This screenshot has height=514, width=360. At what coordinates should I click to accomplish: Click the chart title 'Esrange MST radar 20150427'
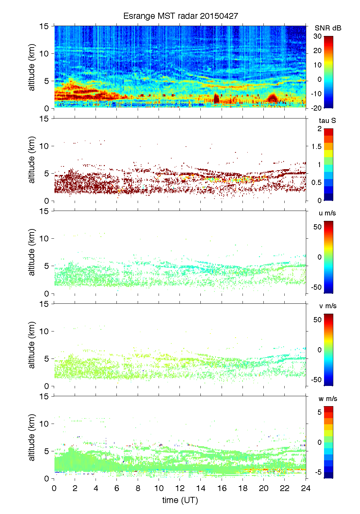(181, 16)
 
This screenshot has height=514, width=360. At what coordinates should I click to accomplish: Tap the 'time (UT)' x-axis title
(180, 500)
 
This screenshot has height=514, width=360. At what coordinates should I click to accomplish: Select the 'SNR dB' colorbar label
(328, 28)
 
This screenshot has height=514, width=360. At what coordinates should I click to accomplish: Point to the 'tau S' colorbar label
(327, 121)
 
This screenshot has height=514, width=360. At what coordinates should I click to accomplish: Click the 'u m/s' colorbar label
(327, 213)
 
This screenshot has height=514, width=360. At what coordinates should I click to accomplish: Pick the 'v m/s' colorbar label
(327, 306)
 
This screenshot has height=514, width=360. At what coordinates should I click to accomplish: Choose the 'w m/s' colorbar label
(327, 399)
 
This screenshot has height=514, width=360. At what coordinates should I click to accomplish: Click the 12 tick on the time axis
(180, 488)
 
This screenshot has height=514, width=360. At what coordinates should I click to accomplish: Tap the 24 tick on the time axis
(306, 488)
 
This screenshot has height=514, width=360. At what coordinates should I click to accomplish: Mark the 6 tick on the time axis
(117, 488)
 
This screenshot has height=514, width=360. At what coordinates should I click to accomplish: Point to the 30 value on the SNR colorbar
(318, 36)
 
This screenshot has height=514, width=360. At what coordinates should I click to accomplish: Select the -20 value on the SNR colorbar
(316, 108)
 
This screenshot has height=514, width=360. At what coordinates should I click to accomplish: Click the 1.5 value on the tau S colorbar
(316, 147)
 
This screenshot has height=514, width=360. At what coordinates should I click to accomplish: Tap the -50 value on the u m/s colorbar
(316, 287)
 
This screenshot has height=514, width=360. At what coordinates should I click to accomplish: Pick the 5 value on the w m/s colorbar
(319, 412)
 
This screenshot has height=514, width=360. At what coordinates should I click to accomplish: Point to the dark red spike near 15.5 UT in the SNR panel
(216, 98)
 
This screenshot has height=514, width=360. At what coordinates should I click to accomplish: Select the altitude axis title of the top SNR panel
(32, 67)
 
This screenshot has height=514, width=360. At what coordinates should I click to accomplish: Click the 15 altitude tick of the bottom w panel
(44, 396)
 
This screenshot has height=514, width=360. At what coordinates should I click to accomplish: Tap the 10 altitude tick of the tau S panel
(44, 146)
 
